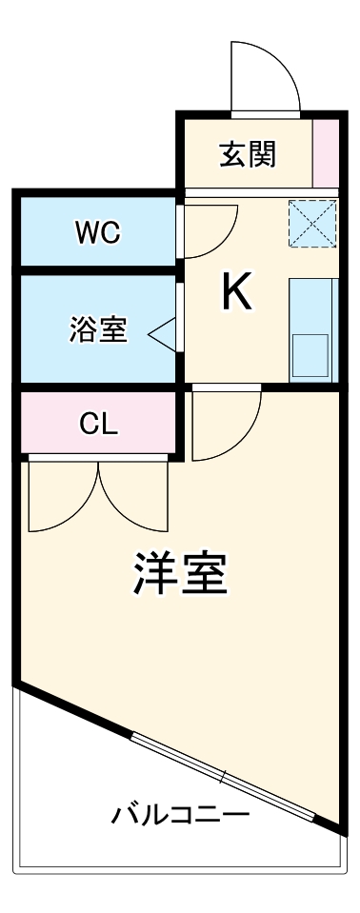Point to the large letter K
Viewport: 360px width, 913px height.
[x=237, y=292]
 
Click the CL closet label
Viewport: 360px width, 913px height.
[x=98, y=425]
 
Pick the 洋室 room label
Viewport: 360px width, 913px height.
[x=179, y=573]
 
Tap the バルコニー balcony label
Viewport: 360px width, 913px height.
[x=180, y=815]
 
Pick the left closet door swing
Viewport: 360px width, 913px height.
[x=63, y=496]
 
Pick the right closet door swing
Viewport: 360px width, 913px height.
[x=134, y=496]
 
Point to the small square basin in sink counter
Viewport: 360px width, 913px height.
[x=310, y=352]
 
